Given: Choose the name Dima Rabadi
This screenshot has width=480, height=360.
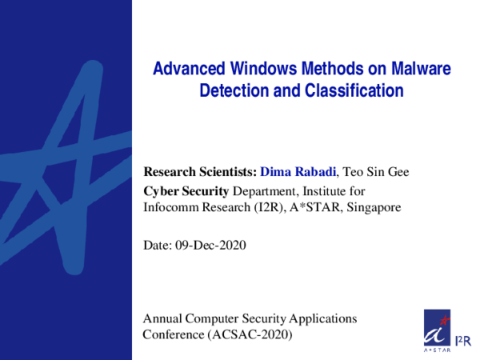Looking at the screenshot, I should coord(298,171).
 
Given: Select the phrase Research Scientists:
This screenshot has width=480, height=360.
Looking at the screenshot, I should coord(200,171).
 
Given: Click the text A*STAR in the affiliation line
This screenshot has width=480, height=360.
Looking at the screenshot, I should coord(314,207).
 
